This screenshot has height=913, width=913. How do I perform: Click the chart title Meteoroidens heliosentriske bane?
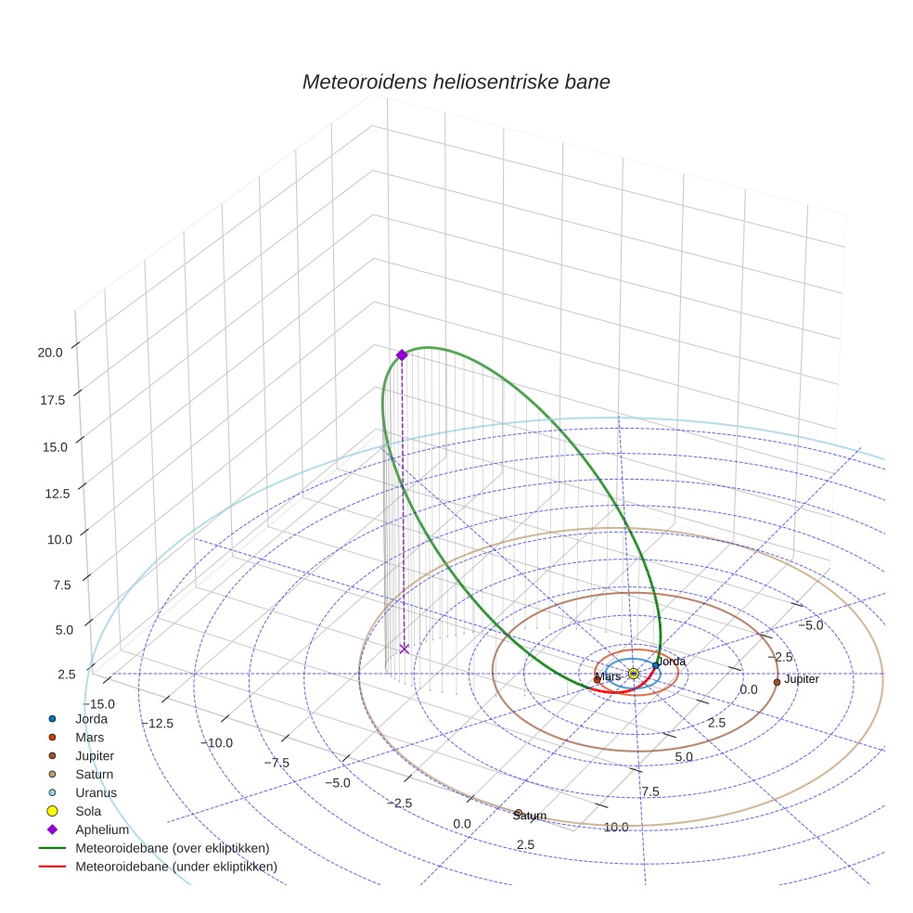click(456, 82)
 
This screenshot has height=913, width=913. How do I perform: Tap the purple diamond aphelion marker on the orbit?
click(402, 354)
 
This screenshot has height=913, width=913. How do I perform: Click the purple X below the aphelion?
click(404, 649)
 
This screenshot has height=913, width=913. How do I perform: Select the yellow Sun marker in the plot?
click(633, 674)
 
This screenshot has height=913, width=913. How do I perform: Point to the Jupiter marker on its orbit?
click(777, 682)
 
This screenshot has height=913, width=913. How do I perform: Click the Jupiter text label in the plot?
click(801, 680)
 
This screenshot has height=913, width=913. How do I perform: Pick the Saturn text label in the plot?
click(530, 816)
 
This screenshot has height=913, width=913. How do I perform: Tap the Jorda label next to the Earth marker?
click(671, 662)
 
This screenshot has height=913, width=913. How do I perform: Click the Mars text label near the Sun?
click(608, 677)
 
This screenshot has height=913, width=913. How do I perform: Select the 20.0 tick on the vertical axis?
click(50, 353)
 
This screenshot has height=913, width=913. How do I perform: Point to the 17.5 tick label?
click(50, 400)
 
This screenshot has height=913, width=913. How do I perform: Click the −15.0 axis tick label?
click(102, 704)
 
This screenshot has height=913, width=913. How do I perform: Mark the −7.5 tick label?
click(276, 763)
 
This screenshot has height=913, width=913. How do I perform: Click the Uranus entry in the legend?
click(96, 792)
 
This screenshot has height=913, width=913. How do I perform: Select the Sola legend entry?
click(88, 811)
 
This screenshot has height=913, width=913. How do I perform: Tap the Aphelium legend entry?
click(101, 829)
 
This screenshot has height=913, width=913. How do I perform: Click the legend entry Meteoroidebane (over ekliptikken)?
click(172, 848)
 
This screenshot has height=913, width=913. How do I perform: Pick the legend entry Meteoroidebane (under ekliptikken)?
click(175, 867)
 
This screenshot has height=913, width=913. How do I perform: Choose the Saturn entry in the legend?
click(94, 774)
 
